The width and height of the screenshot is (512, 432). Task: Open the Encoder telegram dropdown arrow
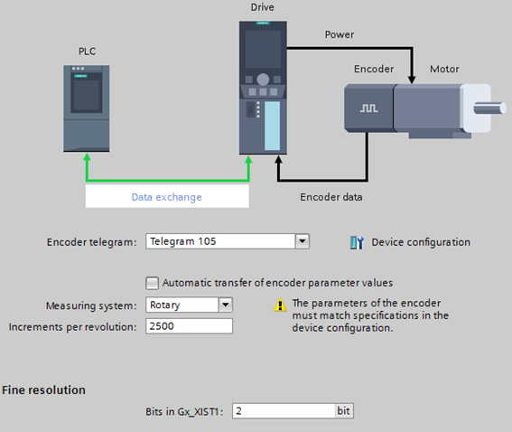302,241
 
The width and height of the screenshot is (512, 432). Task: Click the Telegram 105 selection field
220,241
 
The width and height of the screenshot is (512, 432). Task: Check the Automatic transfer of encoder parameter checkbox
153,283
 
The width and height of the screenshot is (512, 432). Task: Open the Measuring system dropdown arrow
226,305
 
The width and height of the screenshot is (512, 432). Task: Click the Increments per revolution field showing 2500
189,326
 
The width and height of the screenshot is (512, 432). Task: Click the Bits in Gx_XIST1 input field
284,410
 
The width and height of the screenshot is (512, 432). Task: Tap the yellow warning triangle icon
280,305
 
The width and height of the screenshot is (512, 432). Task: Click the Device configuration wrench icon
357,242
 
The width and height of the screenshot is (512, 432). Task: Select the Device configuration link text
421,242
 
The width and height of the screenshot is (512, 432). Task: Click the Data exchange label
166,197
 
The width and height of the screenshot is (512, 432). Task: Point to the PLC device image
87,108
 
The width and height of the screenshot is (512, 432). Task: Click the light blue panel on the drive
272,126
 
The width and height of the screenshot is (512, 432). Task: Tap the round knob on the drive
263,80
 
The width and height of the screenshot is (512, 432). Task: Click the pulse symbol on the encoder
369,108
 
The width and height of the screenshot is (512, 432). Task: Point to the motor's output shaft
489,108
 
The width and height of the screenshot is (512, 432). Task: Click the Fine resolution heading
43,390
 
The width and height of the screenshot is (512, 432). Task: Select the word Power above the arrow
340,34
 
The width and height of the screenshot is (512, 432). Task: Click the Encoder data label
331,197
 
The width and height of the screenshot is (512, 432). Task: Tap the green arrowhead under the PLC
87,157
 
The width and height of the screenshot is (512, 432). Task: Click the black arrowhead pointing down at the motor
412,80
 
